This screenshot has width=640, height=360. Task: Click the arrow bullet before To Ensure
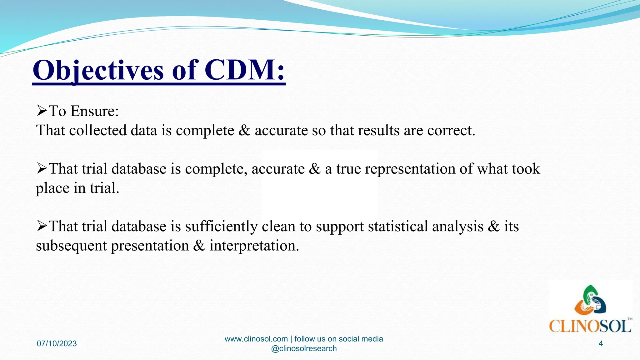tap(42, 111)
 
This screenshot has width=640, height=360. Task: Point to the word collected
tap(98, 130)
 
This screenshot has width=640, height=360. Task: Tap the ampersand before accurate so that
tap(244, 130)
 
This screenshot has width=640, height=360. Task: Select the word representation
tap(410, 169)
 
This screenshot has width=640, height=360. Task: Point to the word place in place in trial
tap(52, 188)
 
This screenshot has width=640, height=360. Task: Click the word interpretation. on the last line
tap(254, 246)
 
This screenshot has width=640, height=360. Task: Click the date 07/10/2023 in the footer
tap(57, 344)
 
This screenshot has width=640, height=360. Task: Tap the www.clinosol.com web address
tap(256, 339)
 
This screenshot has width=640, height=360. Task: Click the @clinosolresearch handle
tap(304, 349)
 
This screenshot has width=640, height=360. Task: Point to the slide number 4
tap(600, 344)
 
